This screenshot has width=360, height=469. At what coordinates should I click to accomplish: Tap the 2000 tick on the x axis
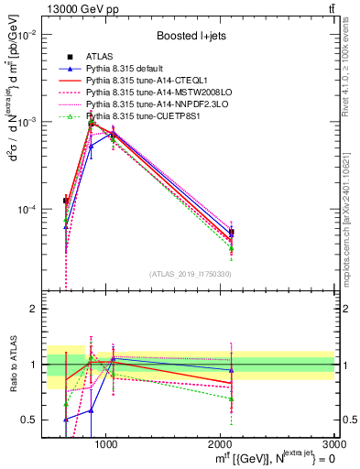[221, 443]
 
